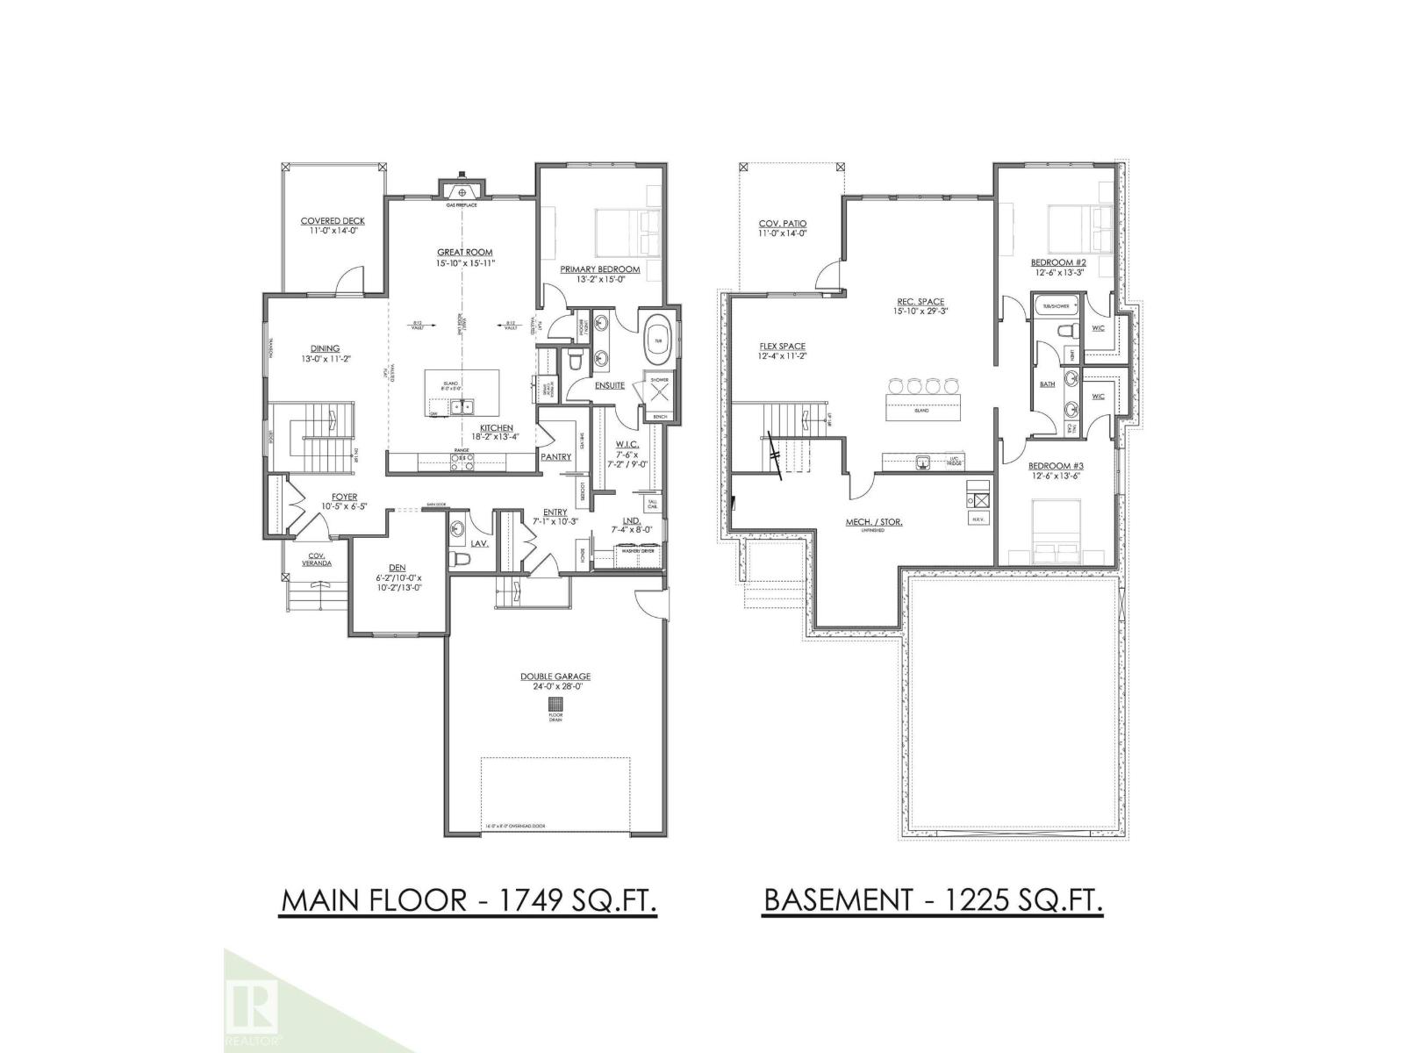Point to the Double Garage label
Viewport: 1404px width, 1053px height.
(555, 677)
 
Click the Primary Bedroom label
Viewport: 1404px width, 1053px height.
(601, 269)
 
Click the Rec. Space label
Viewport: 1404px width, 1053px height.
(919, 302)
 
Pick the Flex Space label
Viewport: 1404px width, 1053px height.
(782, 346)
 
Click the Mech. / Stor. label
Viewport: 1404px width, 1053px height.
(873, 522)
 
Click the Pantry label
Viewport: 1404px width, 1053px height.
(556, 457)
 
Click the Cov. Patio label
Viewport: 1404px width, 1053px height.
(783, 224)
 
